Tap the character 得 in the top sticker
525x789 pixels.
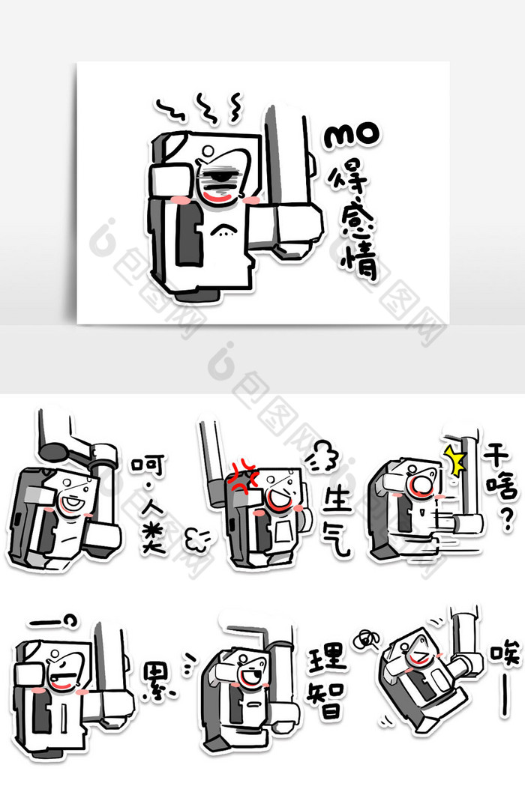click(x=349, y=179)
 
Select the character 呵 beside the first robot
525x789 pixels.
click(x=145, y=468)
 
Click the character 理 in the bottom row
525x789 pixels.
click(x=328, y=659)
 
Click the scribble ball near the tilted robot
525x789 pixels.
click(x=366, y=638)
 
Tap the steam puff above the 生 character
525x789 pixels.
click(x=323, y=458)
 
